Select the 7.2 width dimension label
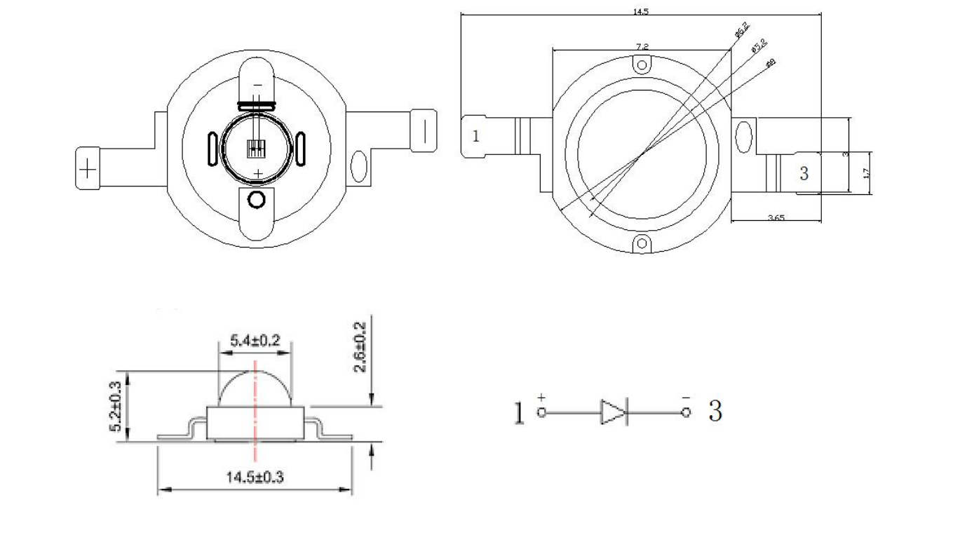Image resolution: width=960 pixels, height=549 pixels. tap(641, 46)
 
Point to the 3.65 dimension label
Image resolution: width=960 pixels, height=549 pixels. tap(776, 217)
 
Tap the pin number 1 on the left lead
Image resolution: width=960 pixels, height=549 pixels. tap(475, 136)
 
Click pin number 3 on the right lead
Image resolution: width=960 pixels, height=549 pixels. tap(804, 173)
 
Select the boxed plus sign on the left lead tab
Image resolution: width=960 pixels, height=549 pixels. tap(88, 168)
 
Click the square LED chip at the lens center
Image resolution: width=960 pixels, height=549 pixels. tap(257, 148)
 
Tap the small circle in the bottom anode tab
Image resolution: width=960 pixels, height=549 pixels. tap(257, 200)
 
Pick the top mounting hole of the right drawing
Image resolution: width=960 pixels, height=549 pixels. tap(641, 65)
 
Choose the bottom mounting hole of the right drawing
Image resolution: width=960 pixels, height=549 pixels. tap(641, 244)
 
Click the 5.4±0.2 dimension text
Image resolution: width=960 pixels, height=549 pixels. tap(255, 341)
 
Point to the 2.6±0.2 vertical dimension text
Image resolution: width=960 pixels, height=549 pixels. tap(360, 348)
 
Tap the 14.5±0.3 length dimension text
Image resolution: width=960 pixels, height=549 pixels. tap(255, 477)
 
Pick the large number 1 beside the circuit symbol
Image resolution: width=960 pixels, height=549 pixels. tap(519, 413)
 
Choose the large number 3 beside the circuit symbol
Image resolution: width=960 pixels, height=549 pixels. tap(715, 412)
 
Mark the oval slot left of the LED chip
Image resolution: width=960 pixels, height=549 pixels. tap(212, 148)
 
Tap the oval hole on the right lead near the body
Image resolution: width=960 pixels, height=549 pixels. tap(358, 167)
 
